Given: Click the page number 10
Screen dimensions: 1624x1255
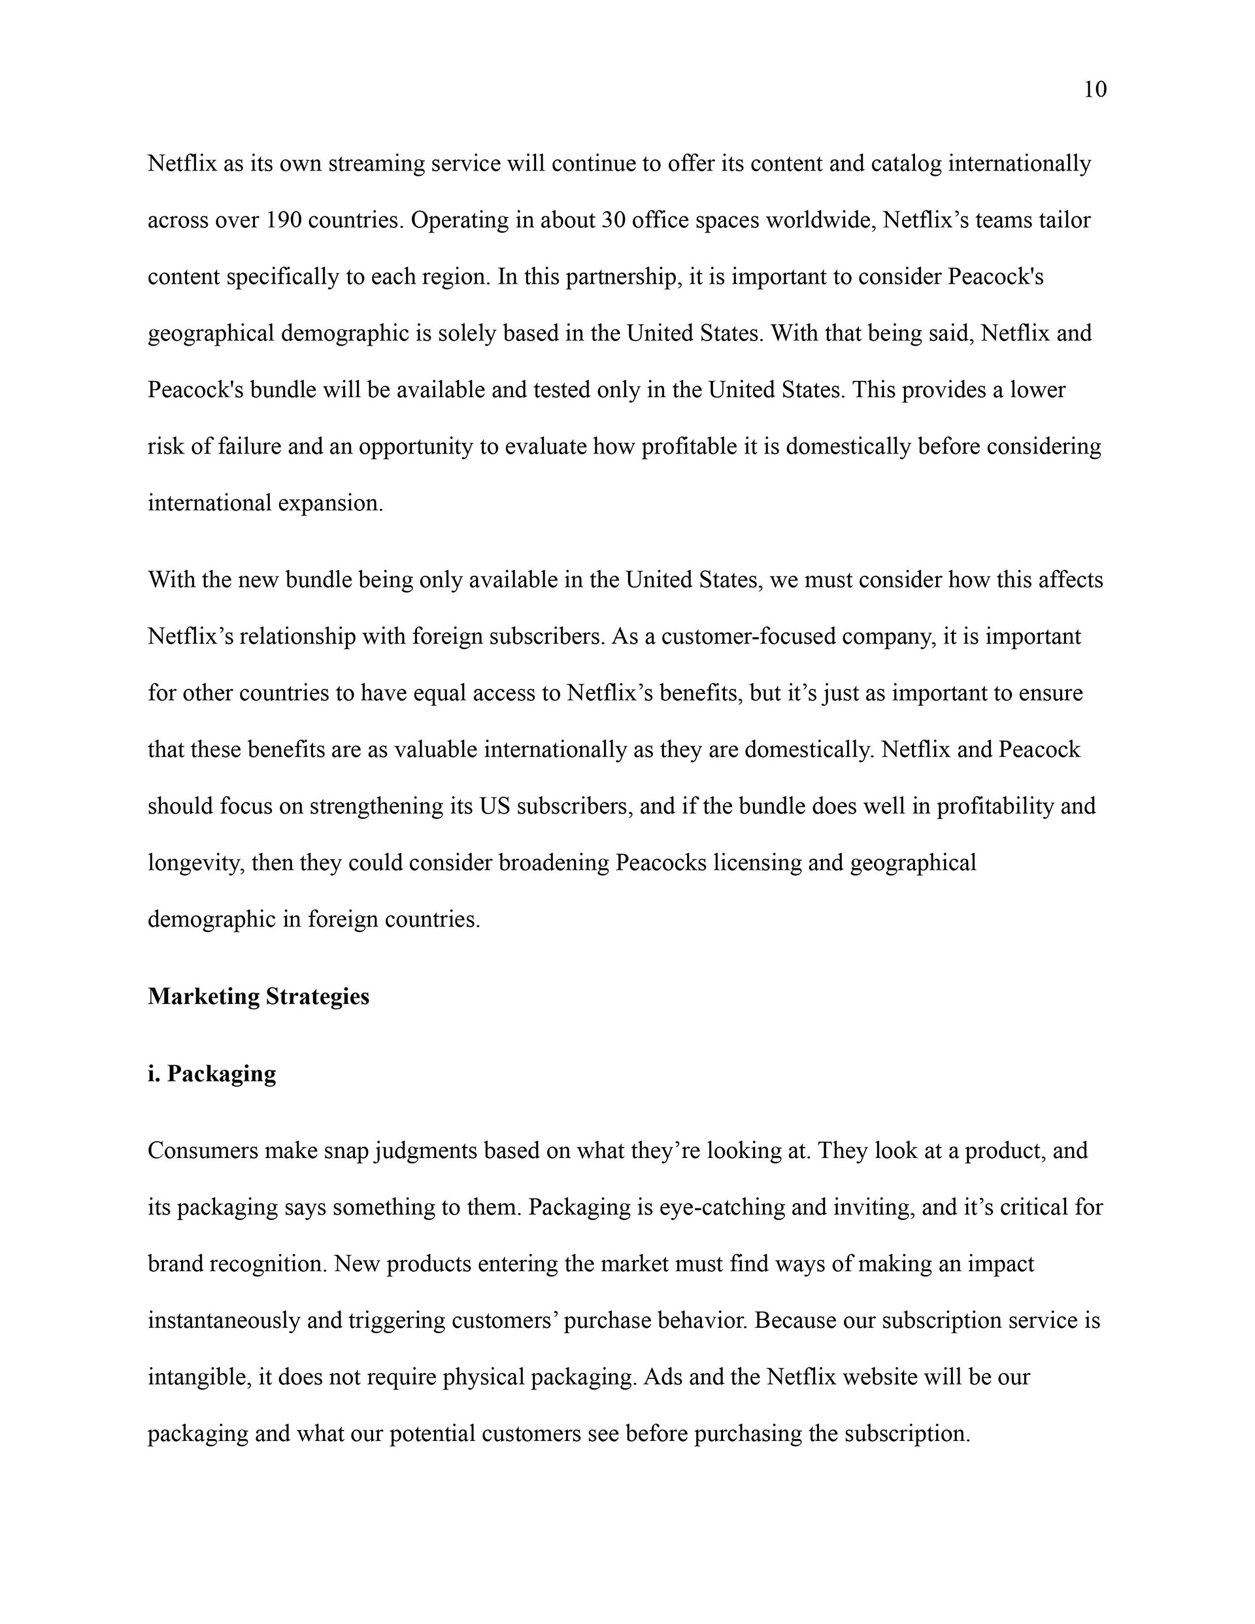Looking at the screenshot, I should pos(1094,90).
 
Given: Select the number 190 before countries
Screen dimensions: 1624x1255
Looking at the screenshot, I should pos(282,221).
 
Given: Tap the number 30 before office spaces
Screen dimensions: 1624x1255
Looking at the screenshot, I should pos(613,221).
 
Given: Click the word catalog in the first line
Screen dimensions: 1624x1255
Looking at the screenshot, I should pos(905,163).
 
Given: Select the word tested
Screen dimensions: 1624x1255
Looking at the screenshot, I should pos(561,390).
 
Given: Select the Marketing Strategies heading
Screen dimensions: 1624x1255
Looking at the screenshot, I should pos(258,997).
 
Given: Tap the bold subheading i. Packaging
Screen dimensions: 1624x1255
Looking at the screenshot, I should pos(212,1074).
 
